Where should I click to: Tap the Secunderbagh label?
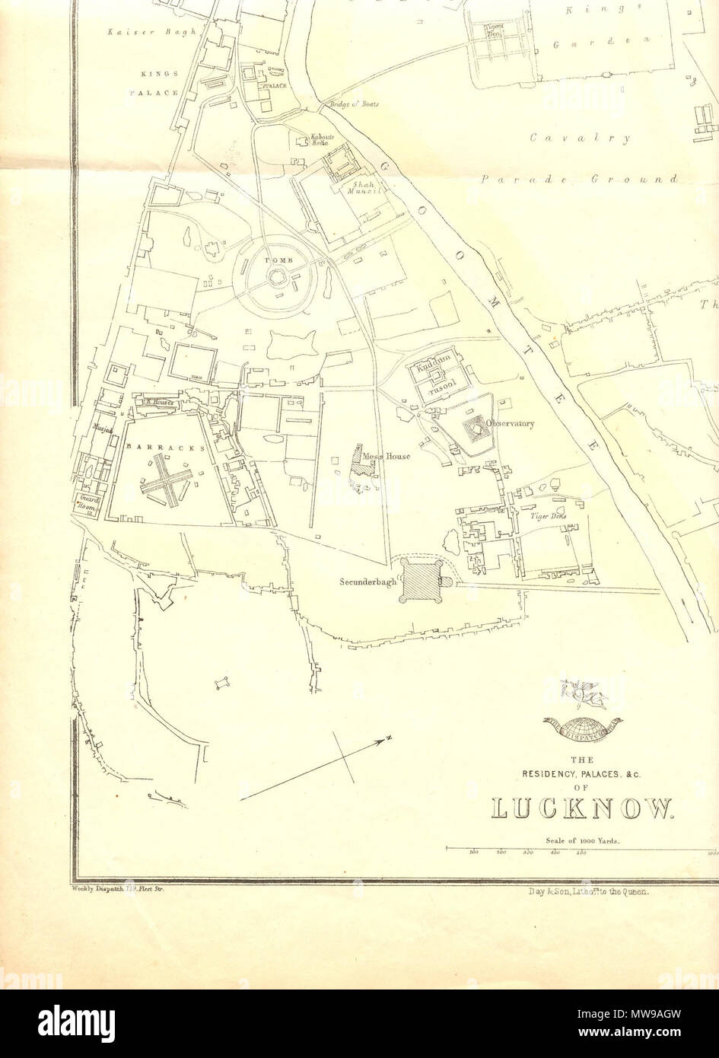[x=368, y=582]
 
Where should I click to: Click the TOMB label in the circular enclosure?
[x=272, y=260]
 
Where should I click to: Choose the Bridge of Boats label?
[x=353, y=104]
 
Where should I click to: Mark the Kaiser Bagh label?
[x=152, y=32]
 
